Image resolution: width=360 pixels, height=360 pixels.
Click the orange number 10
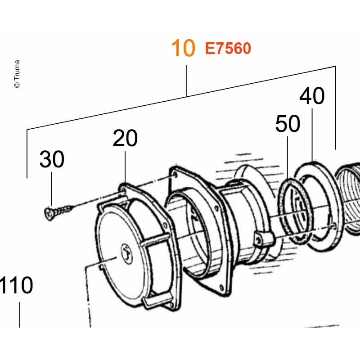coord(183,48)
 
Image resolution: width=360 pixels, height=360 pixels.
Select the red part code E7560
coord(228,49)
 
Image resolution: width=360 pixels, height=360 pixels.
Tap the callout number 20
coord(125,138)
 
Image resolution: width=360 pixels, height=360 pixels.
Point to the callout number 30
coord(52,159)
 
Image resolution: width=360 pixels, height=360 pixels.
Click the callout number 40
coord(312,96)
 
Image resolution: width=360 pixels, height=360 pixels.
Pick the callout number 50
coord(288,124)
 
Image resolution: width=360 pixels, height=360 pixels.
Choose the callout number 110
coord(16,285)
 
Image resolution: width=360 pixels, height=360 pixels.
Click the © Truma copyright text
coord(17,74)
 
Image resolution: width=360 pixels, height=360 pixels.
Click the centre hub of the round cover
coord(126,254)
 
